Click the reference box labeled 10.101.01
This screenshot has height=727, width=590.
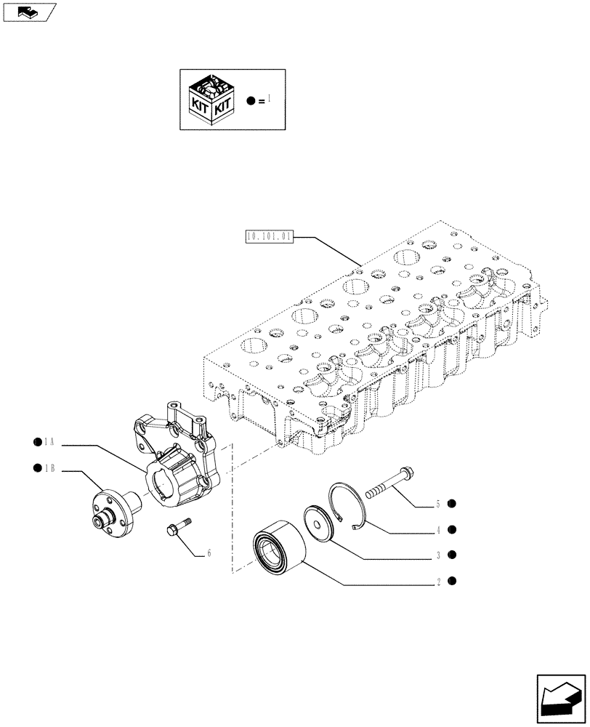point(269,236)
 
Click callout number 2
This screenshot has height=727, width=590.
point(438,581)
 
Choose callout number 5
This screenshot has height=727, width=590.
point(438,504)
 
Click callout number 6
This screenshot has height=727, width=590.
point(209,553)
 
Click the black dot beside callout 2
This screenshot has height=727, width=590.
point(452,581)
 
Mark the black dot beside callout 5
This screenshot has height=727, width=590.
point(452,504)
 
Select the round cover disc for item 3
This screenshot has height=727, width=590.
point(318,522)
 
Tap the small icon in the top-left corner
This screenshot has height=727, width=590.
point(29,12)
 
